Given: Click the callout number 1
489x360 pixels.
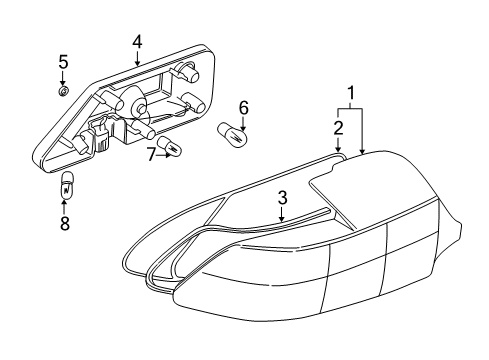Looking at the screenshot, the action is [x=350, y=94].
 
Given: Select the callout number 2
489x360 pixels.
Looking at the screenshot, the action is [x=338, y=128].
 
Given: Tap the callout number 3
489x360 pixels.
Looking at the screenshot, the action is [x=282, y=198].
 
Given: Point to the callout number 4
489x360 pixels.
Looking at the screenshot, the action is [x=137, y=42].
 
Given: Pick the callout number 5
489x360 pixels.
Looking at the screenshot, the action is [x=63, y=62].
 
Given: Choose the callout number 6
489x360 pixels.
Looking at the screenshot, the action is [x=244, y=108].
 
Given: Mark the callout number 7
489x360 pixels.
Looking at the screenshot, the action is [x=152, y=155].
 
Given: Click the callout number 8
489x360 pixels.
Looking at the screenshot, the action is [x=65, y=223].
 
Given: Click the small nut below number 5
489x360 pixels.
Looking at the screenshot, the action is [x=63, y=90].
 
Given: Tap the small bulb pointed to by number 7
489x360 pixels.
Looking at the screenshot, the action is [x=170, y=146].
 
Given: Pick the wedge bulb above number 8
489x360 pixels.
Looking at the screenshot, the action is [x=66, y=186].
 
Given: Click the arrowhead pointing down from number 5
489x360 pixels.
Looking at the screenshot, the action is [x=63, y=83].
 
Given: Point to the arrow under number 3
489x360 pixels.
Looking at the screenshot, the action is [x=282, y=214].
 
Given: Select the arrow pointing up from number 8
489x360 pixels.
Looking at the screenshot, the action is [x=64, y=207].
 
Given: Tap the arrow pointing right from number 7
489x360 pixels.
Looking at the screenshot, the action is [x=164, y=155].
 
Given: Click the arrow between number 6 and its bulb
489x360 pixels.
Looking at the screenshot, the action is [x=244, y=124].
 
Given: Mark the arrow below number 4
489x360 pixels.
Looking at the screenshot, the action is [x=137, y=58].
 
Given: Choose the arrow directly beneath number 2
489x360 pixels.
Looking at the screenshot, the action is [x=338, y=145].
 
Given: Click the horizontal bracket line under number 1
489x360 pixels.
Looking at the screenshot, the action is [x=350, y=109].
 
